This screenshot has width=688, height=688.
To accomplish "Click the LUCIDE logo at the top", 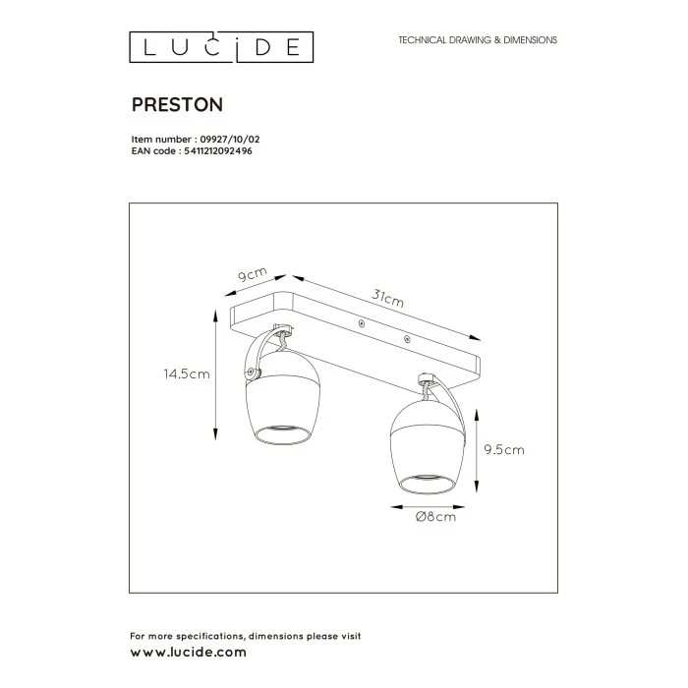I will click(222, 46).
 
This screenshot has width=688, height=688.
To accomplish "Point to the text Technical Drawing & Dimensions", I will click(478, 40).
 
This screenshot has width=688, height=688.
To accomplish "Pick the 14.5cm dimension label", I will click(187, 374).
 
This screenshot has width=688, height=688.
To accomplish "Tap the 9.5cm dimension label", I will click(505, 450).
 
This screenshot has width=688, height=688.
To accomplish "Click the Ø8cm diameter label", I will click(435, 517).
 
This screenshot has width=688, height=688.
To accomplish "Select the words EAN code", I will click(151, 151).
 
